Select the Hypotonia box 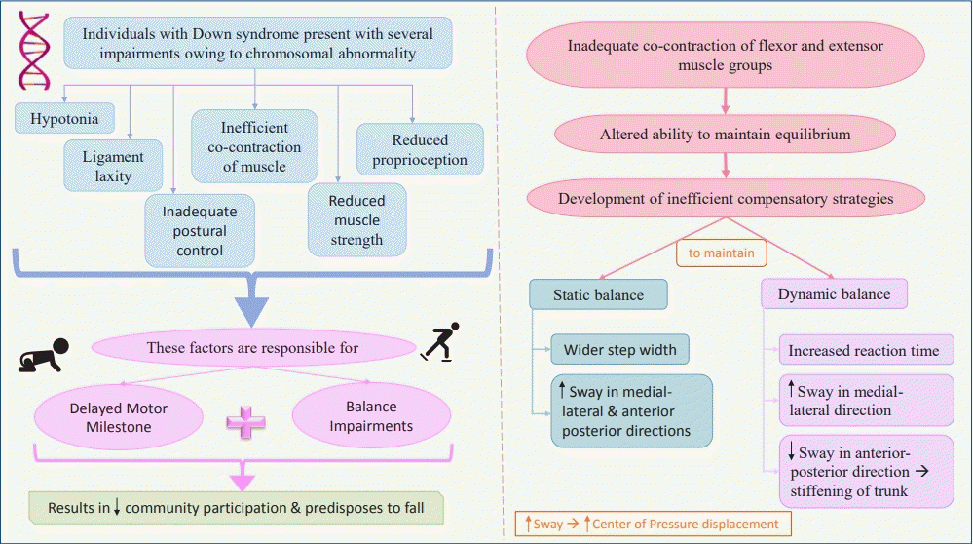coord(64,118)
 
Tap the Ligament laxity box coord(112,167)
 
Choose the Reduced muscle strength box coord(356,219)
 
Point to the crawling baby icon coord(43,354)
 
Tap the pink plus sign coord(245,419)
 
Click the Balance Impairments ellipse coord(370,416)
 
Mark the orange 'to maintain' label coord(721,253)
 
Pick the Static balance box coord(598,293)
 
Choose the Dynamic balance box coord(834,293)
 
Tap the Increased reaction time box coord(864,350)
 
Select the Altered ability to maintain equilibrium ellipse coord(725,134)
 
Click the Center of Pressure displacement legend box coord(652,524)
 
